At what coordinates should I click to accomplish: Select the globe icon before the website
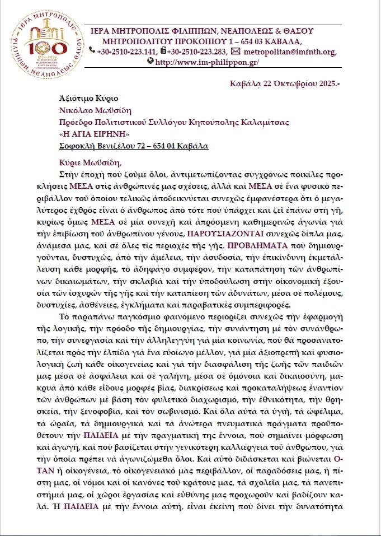coord(150,62)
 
